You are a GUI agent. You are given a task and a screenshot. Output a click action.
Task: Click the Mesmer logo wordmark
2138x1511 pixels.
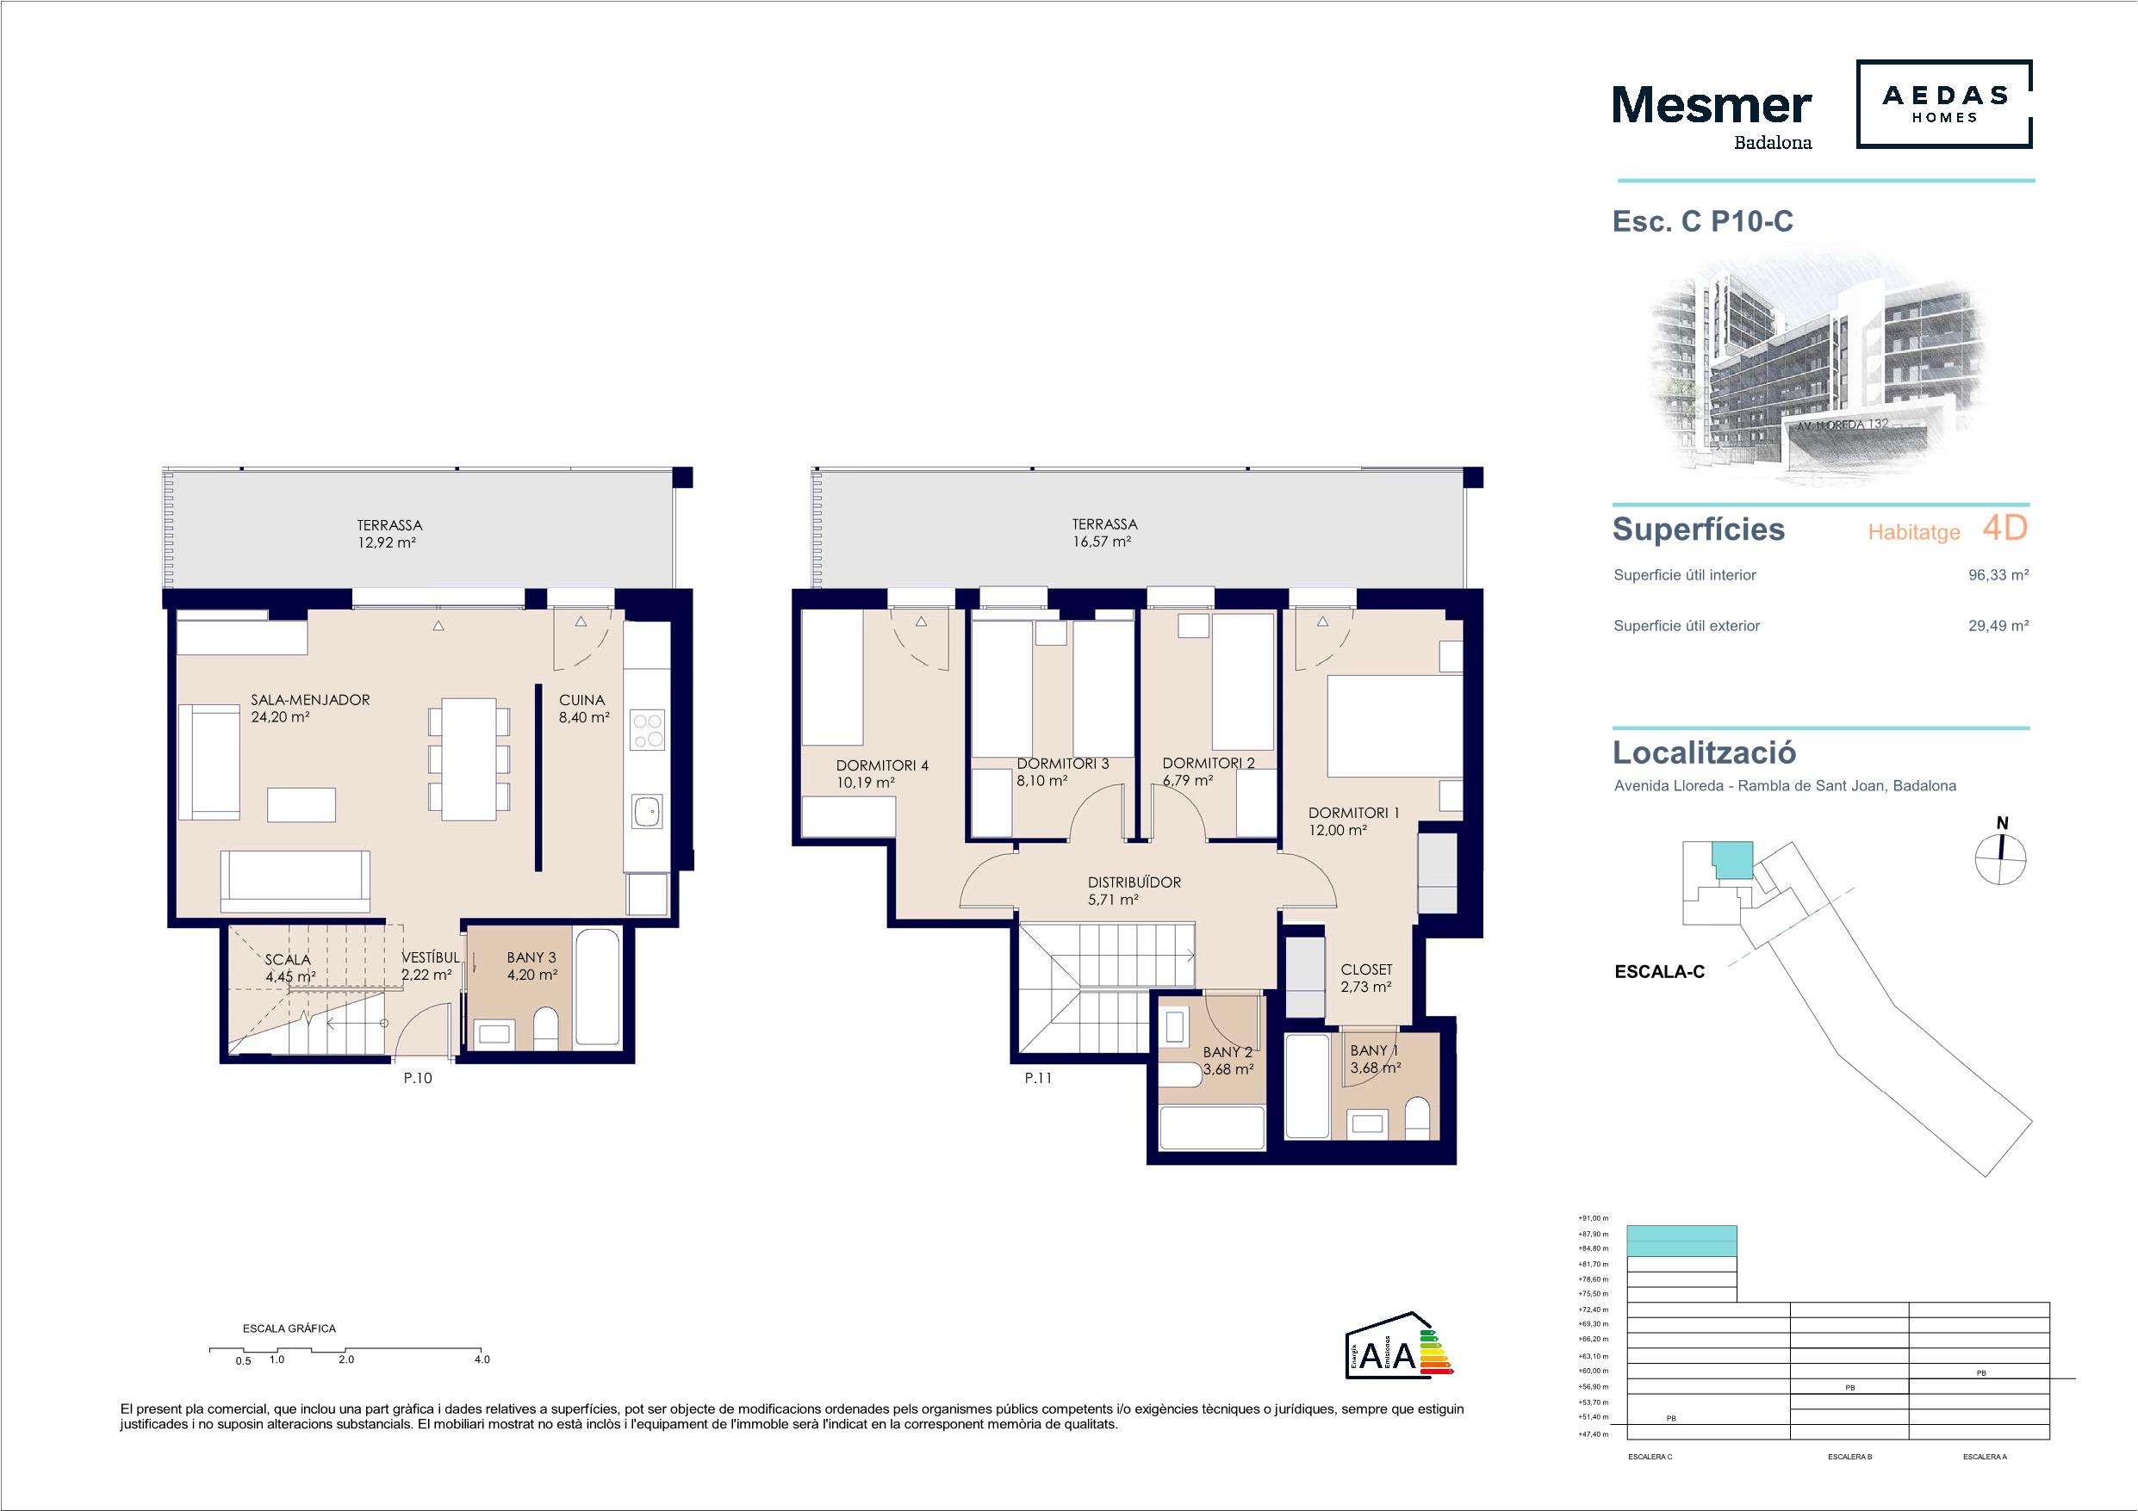(1712, 106)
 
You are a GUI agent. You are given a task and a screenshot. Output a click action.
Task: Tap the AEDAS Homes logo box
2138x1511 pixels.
(1944, 104)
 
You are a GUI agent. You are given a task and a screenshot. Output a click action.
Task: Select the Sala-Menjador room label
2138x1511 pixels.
(310, 699)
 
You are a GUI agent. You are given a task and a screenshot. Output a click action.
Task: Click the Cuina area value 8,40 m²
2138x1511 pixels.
(584, 717)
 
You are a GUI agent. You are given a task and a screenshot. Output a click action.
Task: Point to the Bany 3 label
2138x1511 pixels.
(531, 957)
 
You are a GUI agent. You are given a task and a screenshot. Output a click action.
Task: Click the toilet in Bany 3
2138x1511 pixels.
(547, 1029)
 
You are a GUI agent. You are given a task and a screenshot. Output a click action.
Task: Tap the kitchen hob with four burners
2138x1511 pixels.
(648, 729)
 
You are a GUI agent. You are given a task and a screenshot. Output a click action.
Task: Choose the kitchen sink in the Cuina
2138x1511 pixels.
(647, 813)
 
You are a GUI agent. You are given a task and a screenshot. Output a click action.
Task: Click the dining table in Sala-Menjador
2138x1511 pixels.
(469, 759)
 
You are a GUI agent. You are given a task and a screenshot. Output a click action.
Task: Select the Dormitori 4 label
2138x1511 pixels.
(882, 765)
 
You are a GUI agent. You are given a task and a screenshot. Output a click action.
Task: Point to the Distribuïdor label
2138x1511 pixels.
(1134, 882)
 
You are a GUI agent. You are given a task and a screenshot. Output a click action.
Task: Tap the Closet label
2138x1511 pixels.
(1366, 969)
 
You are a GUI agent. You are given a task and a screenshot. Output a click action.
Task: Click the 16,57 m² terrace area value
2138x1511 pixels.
(1102, 541)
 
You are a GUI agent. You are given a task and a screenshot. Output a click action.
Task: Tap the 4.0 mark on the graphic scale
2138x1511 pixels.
(482, 1359)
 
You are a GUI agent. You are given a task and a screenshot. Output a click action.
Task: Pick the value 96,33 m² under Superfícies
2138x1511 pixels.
(1998, 575)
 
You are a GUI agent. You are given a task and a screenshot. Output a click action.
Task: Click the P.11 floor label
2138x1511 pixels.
(1038, 1078)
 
